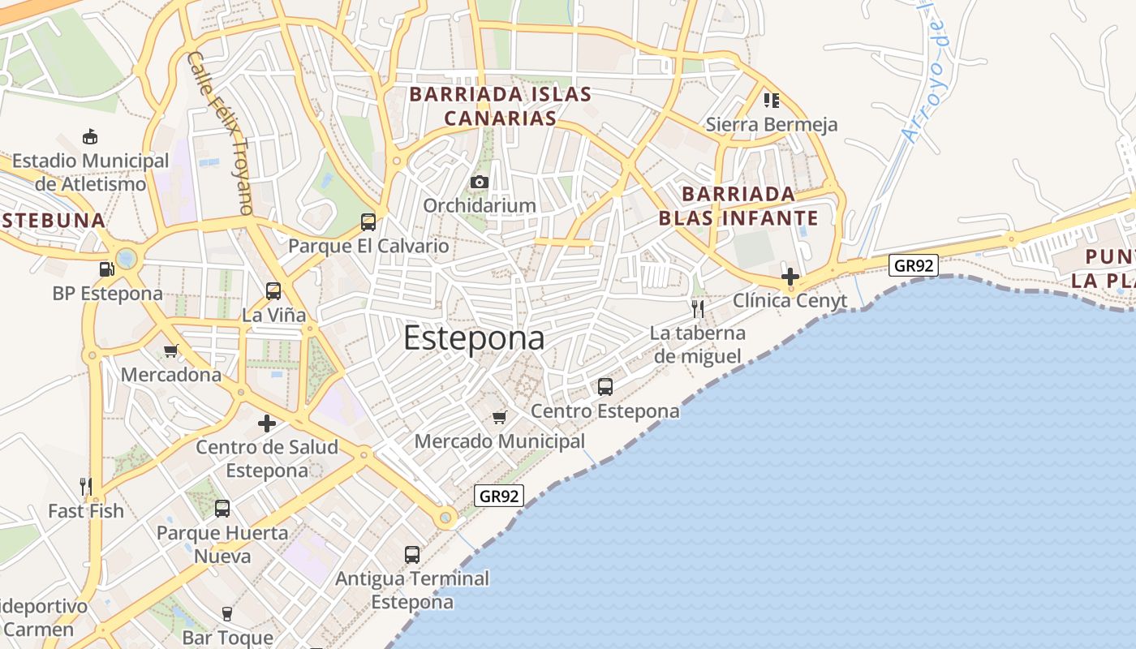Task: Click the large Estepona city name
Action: pos(474,338)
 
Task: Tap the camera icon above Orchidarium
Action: pos(480,182)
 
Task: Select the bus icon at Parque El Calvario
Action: pos(368,221)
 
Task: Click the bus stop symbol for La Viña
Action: pos(273,290)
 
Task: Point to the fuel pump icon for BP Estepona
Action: pos(106,269)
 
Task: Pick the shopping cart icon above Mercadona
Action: pos(171,351)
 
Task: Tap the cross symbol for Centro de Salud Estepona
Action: pos(267,423)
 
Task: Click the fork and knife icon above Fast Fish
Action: pos(85,487)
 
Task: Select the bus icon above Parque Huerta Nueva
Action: pos(222,509)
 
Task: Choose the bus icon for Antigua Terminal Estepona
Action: pos(412,555)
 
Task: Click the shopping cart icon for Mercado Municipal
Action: pos(500,417)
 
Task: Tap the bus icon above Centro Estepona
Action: pos(605,386)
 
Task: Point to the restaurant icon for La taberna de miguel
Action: pos(697,308)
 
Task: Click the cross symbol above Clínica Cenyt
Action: pos(790,277)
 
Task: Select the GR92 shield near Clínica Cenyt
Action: pos(914,264)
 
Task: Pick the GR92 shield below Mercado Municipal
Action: pos(499,496)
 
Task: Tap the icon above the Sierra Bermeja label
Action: pos(771,101)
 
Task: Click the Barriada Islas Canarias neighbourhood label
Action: pos(500,106)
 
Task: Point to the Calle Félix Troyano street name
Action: pos(220,134)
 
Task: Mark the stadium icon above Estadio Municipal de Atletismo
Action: pos(90,136)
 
